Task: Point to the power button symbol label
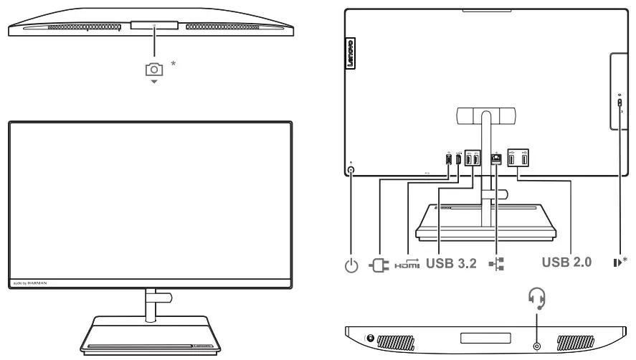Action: [x=351, y=265]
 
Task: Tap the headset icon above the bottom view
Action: [x=536, y=296]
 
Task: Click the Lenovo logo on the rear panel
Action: [x=351, y=54]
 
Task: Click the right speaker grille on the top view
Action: [x=222, y=27]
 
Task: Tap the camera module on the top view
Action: [x=154, y=25]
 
